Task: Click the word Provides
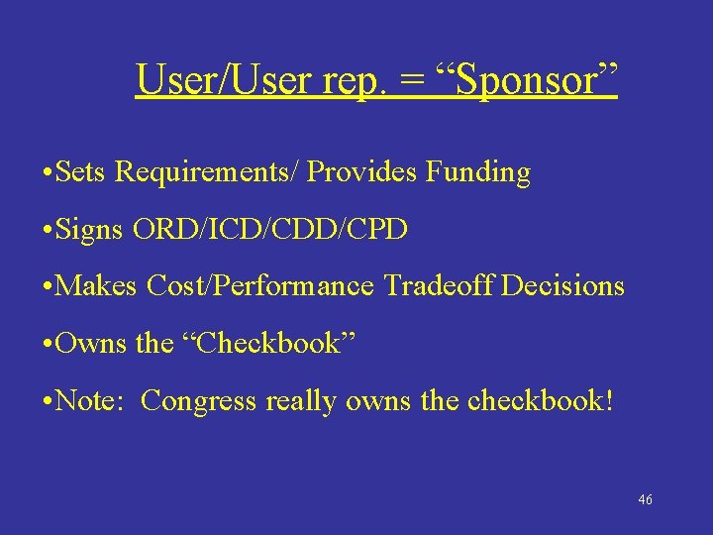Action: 363,172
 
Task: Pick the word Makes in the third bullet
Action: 97,286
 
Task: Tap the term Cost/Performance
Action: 259,286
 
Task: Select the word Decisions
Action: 563,286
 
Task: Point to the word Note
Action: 90,400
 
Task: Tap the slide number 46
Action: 645,500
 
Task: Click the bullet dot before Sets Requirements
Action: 49,173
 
